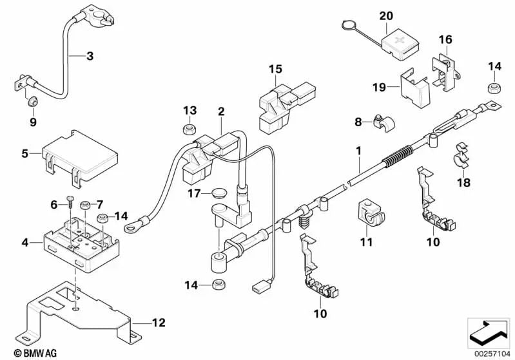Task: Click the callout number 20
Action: pyautogui.click(x=385, y=15)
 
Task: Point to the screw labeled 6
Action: pyautogui.click(x=69, y=207)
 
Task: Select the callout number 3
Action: pyautogui.click(x=90, y=56)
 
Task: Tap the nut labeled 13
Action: pyautogui.click(x=190, y=128)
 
